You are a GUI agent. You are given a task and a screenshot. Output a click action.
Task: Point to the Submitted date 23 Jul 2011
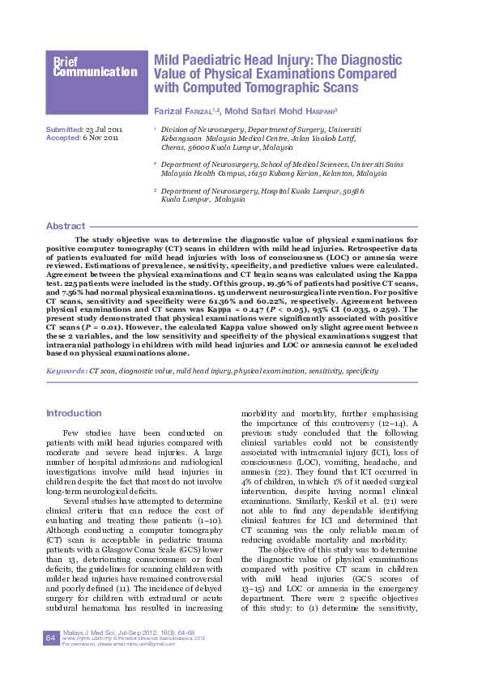(104, 130)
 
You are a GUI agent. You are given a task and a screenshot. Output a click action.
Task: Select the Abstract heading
(65, 226)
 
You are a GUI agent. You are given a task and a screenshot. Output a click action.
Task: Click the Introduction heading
(74, 413)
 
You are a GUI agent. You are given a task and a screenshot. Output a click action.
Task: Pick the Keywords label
(66, 370)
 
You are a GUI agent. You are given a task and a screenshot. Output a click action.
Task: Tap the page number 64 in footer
(50, 639)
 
